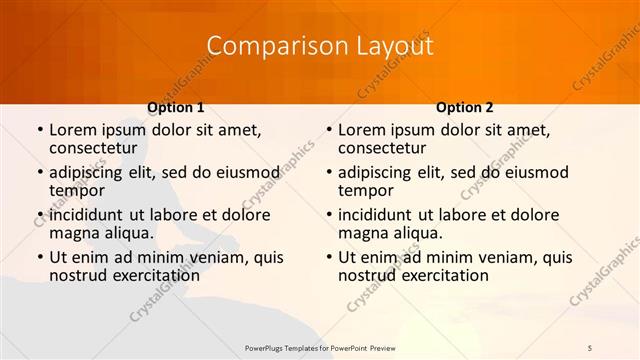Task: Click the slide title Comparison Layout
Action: click(320, 46)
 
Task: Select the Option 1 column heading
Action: click(176, 107)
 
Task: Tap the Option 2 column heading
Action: click(465, 107)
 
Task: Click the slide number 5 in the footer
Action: click(590, 347)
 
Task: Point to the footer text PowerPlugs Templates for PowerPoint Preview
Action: click(320, 347)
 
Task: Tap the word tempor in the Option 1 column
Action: click(76, 190)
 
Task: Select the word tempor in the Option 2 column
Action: click(365, 190)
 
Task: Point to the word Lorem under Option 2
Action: click(362, 130)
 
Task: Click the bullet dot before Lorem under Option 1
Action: click(39, 130)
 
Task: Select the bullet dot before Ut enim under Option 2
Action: click(328, 257)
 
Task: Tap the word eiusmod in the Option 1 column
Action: click(250, 172)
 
